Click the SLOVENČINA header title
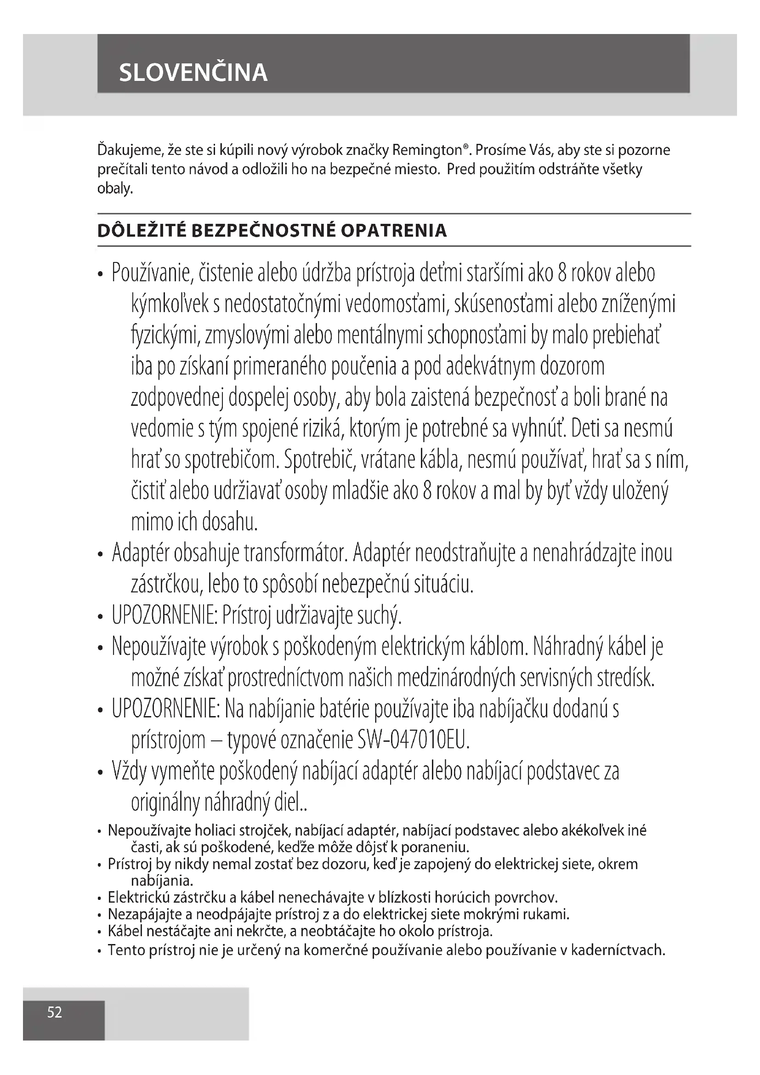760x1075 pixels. click(x=193, y=72)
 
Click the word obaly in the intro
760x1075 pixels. click(x=115, y=189)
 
